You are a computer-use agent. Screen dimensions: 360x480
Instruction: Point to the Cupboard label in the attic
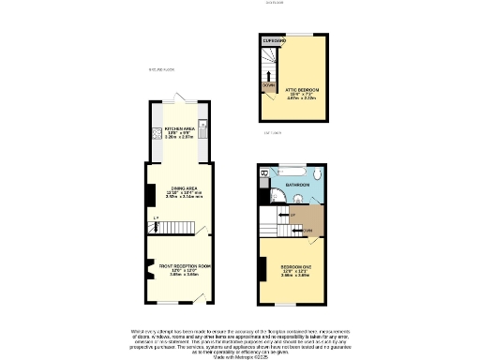(274, 41)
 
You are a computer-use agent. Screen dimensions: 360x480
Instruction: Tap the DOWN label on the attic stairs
(268, 85)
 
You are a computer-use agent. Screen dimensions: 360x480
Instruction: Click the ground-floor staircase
(178, 230)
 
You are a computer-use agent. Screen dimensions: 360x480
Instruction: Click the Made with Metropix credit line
(240, 356)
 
